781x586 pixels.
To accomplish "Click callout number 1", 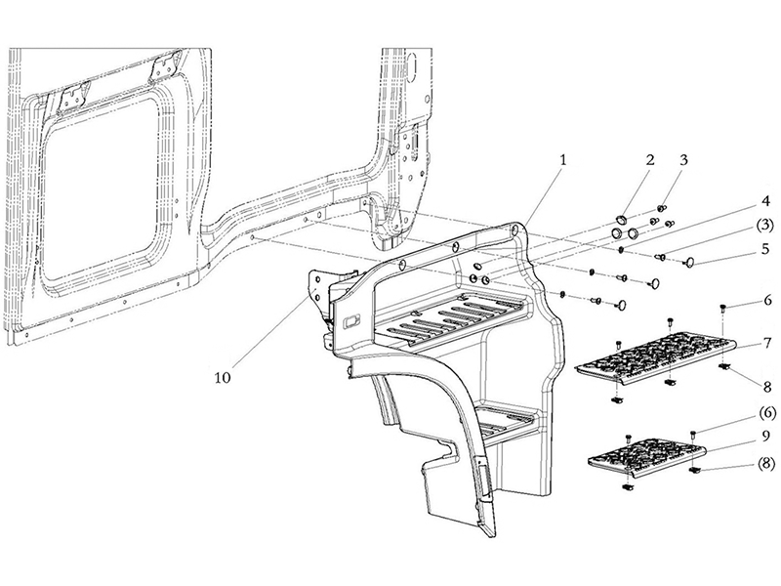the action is pyautogui.click(x=563, y=160).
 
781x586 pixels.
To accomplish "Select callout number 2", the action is pyautogui.click(x=650, y=160).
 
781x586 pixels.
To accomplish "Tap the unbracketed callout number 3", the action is pyautogui.click(x=683, y=160).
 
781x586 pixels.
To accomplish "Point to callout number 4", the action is pyautogui.click(x=765, y=202).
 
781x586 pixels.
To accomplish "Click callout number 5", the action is pyautogui.click(x=765, y=248).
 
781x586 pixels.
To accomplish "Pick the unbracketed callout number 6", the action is pyautogui.click(x=767, y=300).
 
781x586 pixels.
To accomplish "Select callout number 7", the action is pyautogui.click(x=767, y=343).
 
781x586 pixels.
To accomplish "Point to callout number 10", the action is pyautogui.click(x=223, y=378).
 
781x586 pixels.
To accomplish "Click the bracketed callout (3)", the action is pyautogui.click(x=765, y=224).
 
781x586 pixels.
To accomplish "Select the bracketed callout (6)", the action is pyautogui.click(x=767, y=412).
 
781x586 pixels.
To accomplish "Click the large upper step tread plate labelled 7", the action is pyautogui.click(x=656, y=357).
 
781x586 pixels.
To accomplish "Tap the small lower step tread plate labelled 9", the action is pyautogui.click(x=647, y=455).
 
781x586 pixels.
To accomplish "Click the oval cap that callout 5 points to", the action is pyautogui.click(x=690, y=262).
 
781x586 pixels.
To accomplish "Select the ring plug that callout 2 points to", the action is pyautogui.click(x=621, y=220).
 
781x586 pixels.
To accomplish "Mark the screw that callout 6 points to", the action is pyautogui.click(x=722, y=309).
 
